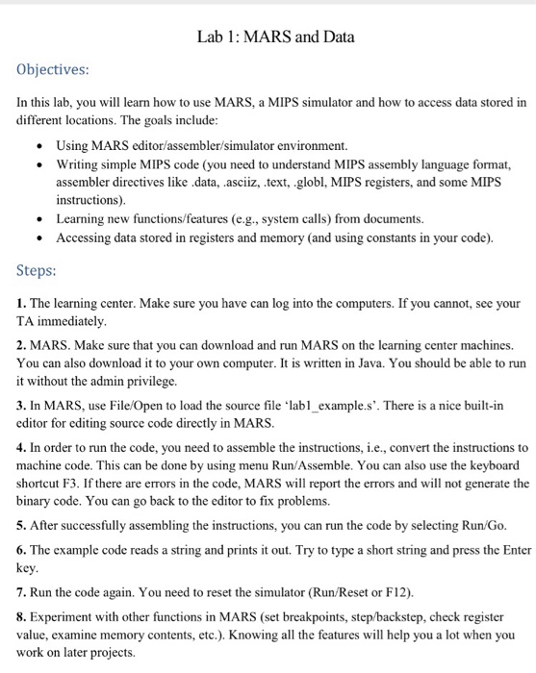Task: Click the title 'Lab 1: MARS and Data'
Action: (275, 37)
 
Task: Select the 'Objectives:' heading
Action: (57, 70)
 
